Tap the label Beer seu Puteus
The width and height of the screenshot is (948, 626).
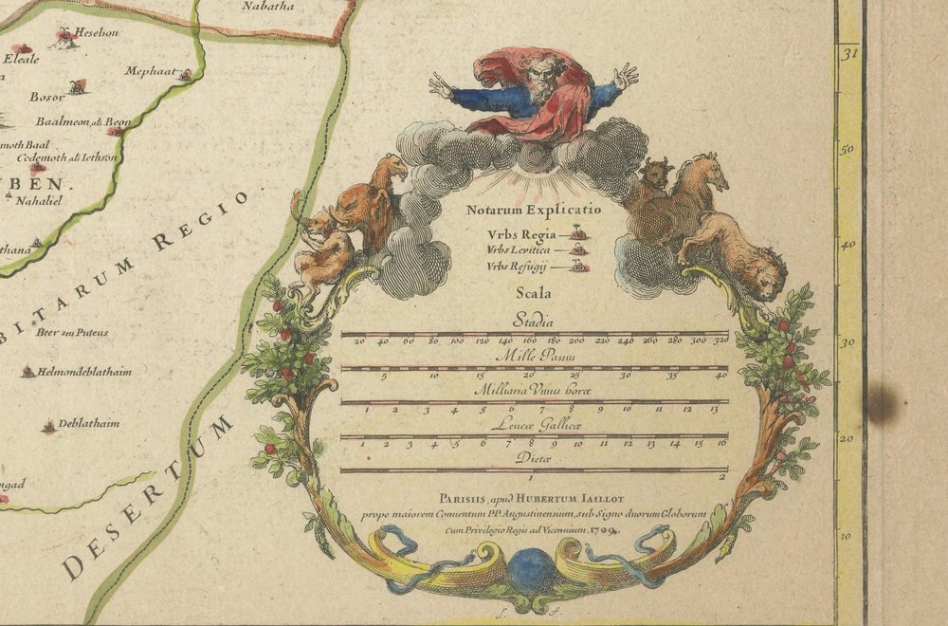click(x=71, y=332)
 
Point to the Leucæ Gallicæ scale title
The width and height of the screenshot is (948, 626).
click(x=534, y=424)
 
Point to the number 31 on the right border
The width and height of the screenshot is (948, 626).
click(x=849, y=54)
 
